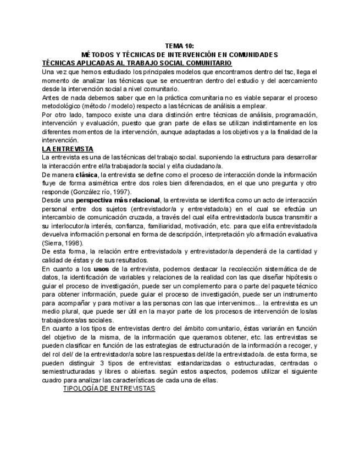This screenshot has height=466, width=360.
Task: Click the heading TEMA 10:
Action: [x=179, y=47]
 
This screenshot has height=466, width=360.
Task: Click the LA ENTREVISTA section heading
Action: [x=68, y=149]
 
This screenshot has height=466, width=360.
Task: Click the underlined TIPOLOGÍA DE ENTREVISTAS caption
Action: [x=109, y=389]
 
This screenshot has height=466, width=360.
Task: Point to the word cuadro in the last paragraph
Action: [x=53, y=380]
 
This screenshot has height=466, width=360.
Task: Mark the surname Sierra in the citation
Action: [x=53, y=243]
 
